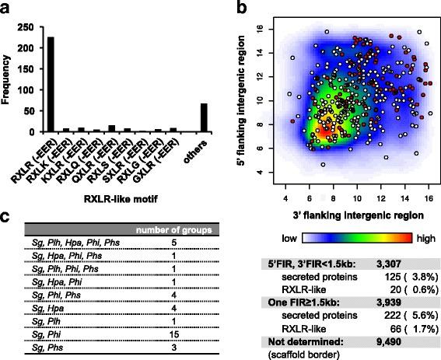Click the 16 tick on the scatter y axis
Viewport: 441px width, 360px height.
(x=270, y=27)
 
